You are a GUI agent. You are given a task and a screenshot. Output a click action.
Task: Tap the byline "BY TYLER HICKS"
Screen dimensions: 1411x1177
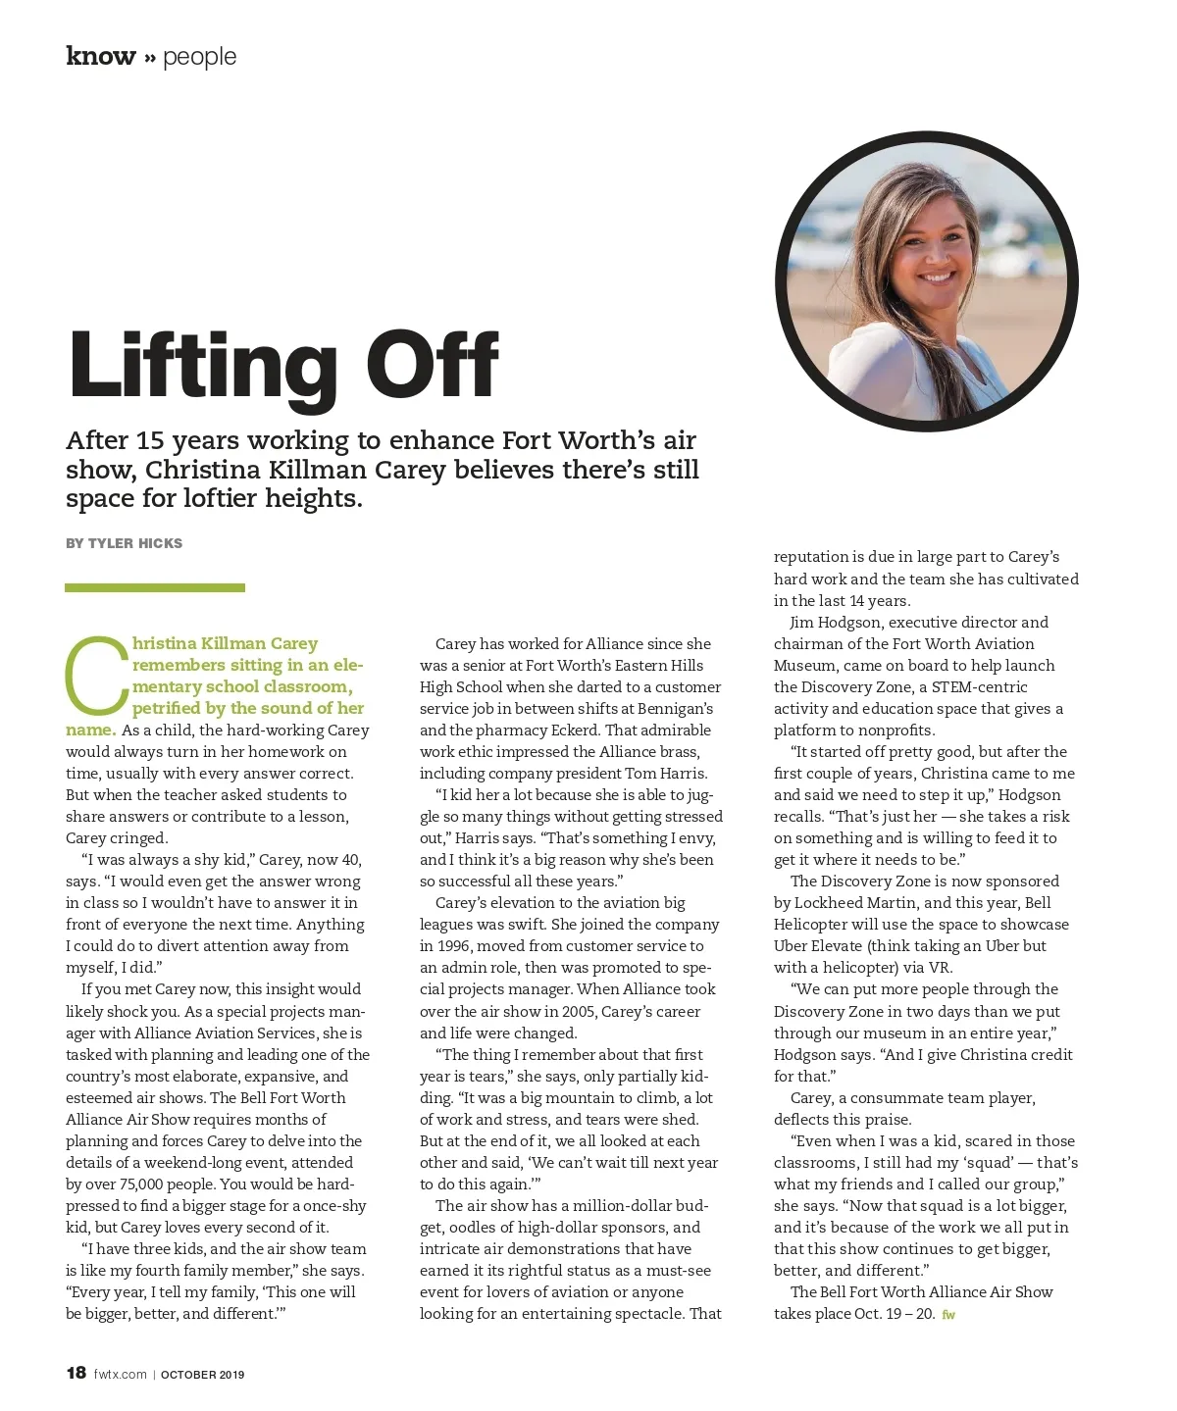click(124, 543)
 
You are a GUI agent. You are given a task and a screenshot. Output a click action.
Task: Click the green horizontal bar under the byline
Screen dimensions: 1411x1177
click(154, 587)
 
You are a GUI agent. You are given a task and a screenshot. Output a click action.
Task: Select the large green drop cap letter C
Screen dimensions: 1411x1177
click(96, 676)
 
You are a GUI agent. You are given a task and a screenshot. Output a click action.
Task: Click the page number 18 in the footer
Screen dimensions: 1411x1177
click(77, 1373)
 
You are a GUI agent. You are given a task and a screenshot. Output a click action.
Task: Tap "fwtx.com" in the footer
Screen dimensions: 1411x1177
click(121, 1375)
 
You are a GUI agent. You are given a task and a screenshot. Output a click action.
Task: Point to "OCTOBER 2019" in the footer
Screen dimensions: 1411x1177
click(202, 1375)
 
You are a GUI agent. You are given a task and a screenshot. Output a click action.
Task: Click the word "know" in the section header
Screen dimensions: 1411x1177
click(100, 56)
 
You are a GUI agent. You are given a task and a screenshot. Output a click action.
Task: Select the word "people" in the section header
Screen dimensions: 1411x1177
click(199, 57)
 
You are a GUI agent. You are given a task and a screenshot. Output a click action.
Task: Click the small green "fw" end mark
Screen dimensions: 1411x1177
click(948, 1315)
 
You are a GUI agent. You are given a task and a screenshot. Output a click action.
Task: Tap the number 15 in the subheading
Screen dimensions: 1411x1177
click(150, 440)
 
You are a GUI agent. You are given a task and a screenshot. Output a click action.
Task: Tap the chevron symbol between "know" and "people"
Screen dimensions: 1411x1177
click(150, 58)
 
